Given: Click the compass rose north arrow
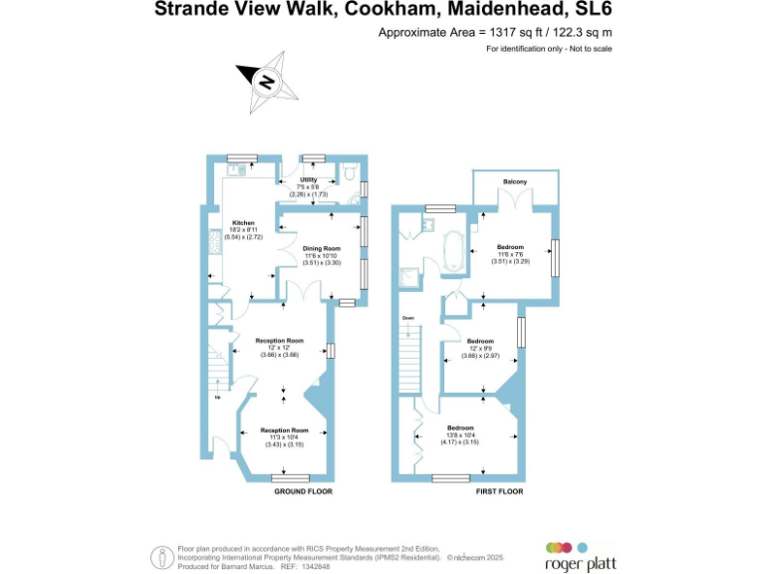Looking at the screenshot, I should point(265,80).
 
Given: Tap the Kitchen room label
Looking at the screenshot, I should point(244,222).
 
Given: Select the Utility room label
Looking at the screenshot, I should point(308,179).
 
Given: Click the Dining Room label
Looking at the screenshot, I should point(322,248).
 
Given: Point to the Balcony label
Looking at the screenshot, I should point(515,180).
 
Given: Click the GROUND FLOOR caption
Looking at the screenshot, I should point(303,491).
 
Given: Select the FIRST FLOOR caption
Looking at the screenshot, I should point(499,491).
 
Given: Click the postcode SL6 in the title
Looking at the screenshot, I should point(592,11).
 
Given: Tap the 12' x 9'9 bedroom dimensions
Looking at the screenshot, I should point(480,348).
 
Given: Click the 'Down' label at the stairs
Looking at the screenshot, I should point(408,318).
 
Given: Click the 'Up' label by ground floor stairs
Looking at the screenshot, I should point(217,398).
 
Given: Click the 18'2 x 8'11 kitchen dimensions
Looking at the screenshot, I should point(243,230).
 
